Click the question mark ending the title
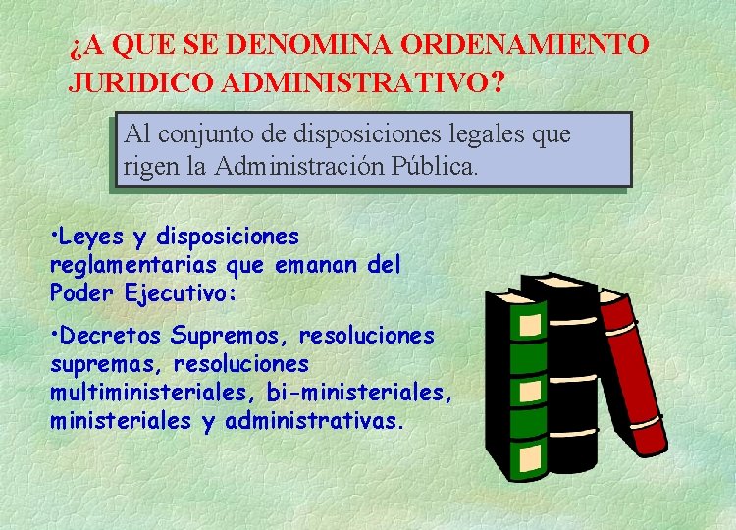[500, 80]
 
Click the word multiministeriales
[150, 393]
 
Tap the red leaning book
[634, 373]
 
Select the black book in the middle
[570, 373]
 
